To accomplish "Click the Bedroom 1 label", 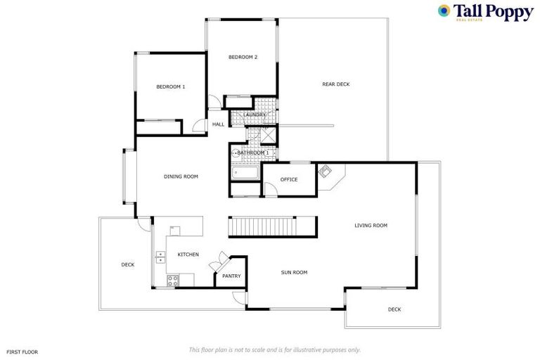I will tap(170, 86).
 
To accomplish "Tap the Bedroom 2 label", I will tap(243, 57).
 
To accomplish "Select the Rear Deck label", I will tap(335, 84).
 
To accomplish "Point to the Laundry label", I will tap(255, 115).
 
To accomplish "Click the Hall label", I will tap(218, 124).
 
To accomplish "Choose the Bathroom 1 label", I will tap(253, 153).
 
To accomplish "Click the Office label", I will tap(288, 179).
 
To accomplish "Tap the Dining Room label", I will tap(181, 176).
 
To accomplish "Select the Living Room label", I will tap(371, 226).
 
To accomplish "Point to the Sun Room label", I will tap(294, 272).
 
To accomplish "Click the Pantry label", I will tap(231, 276).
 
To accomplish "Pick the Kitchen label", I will tap(188, 254).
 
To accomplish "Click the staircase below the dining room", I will tap(271, 227).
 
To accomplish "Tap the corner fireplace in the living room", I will tap(326, 172).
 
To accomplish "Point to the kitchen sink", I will tap(160, 257).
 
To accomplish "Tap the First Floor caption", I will tap(22, 351).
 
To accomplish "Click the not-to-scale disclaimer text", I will tap(274, 349).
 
